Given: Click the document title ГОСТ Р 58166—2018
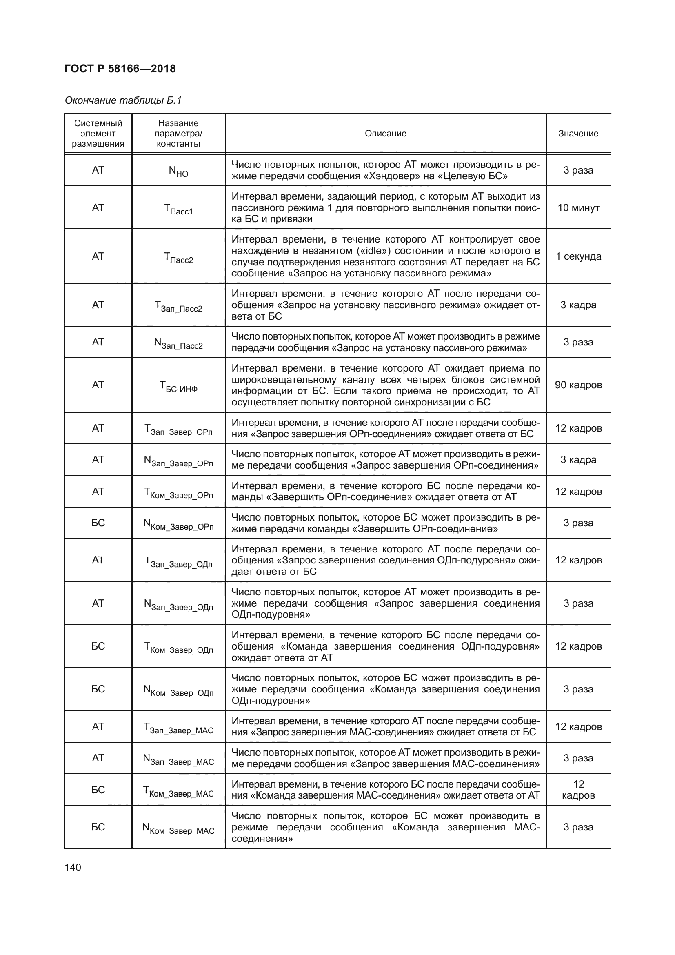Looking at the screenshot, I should click(x=120, y=69).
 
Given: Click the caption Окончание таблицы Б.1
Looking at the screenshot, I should click(x=123, y=101).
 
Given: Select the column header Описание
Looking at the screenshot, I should click(x=385, y=134).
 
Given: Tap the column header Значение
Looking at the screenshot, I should click(x=578, y=134).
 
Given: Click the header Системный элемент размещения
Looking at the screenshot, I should click(x=98, y=134).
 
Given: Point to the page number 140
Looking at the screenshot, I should click(x=73, y=868).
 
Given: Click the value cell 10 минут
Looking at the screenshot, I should click(x=578, y=207).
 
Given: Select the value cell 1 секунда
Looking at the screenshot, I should click(x=578, y=256).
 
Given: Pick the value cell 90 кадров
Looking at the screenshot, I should click(x=578, y=385).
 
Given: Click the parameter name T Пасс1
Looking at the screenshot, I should click(x=178, y=209).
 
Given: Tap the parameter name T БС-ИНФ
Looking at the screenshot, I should click(x=178, y=386).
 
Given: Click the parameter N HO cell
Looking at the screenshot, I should click(x=178, y=171).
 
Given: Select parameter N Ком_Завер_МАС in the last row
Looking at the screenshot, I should click(x=178, y=828).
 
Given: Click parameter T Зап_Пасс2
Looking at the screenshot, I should click(x=178, y=307).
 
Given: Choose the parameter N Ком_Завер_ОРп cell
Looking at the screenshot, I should click(x=178, y=525).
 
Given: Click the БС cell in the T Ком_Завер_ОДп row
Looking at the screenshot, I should click(x=98, y=646).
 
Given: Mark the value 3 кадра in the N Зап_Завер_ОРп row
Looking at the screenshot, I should click(x=578, y=460).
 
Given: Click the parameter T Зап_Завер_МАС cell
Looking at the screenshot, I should click(x=178, y=728).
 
